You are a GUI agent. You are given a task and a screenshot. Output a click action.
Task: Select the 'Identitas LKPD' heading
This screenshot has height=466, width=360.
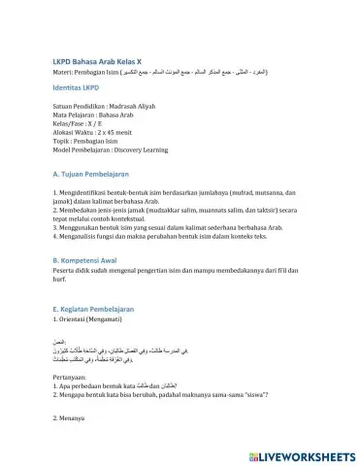82,89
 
